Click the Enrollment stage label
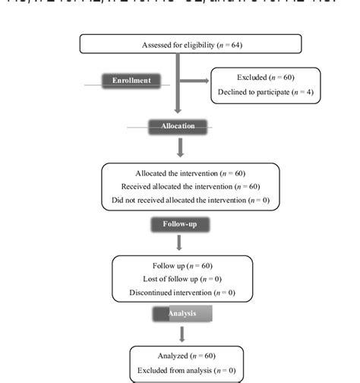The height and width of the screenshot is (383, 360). pyautogui.click(x=131, y=81)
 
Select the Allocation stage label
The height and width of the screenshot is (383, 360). pyautogui.click(x=178, y=125)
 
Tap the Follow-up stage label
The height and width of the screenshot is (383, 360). pyautogui.click(x=179, y=224)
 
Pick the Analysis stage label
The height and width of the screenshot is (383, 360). pyautogui.click(x=181, y=312)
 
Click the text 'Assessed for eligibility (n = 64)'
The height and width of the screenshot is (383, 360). pyautogui.click(x=191, y=46)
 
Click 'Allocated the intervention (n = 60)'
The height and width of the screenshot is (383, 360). pyautogui.click(x=191, y=173)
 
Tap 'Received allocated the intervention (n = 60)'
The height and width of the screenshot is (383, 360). pyautogui.click(x=191, y=187)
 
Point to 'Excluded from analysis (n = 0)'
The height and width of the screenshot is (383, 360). pyautogui.click(x=187, y=369)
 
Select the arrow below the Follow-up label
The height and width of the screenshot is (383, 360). pyautogui.click(x=179, y=242)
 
